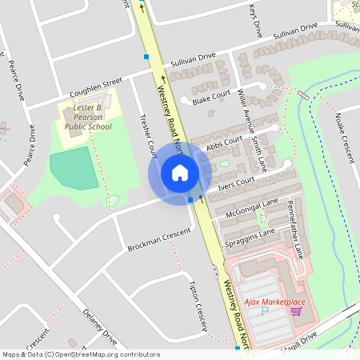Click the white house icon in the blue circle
coord(179,173)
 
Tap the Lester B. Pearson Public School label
coord(88,115)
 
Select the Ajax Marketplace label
coord(274,302)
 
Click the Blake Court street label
coord(211,97)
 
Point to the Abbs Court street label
coord(223,144)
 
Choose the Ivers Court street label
coord(236,184)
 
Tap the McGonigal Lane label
coord(252,206)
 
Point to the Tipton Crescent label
coord(198,305)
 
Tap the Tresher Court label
coord(148,135)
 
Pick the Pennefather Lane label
coord(294,229)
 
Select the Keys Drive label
coord(255,18)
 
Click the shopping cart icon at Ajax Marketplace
coord(296,310)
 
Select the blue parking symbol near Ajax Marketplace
coord(265,310)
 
